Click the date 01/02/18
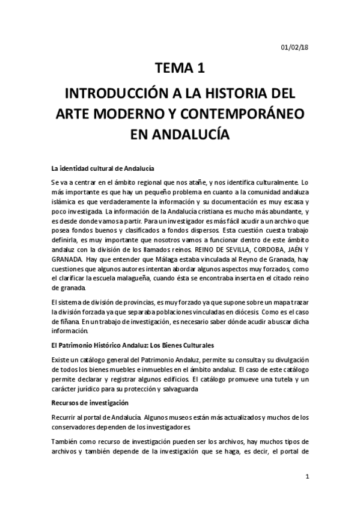[x=294, y=47]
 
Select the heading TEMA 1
[x=180, y=69]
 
